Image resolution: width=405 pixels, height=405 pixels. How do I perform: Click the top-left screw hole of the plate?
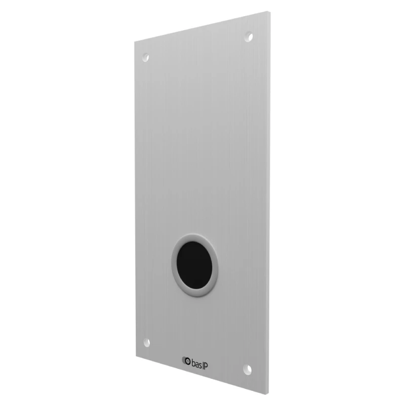[146, 57]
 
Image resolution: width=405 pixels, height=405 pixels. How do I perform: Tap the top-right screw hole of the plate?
[249, 36]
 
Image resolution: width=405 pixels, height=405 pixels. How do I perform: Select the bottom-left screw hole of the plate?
[146, 343]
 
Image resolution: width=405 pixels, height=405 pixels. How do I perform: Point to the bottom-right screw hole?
[248, 370]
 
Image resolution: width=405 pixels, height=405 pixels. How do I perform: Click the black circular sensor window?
[194, 265]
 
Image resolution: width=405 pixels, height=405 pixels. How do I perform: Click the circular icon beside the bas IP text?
[187, 361]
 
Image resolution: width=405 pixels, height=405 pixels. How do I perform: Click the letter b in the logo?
[193, 363]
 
